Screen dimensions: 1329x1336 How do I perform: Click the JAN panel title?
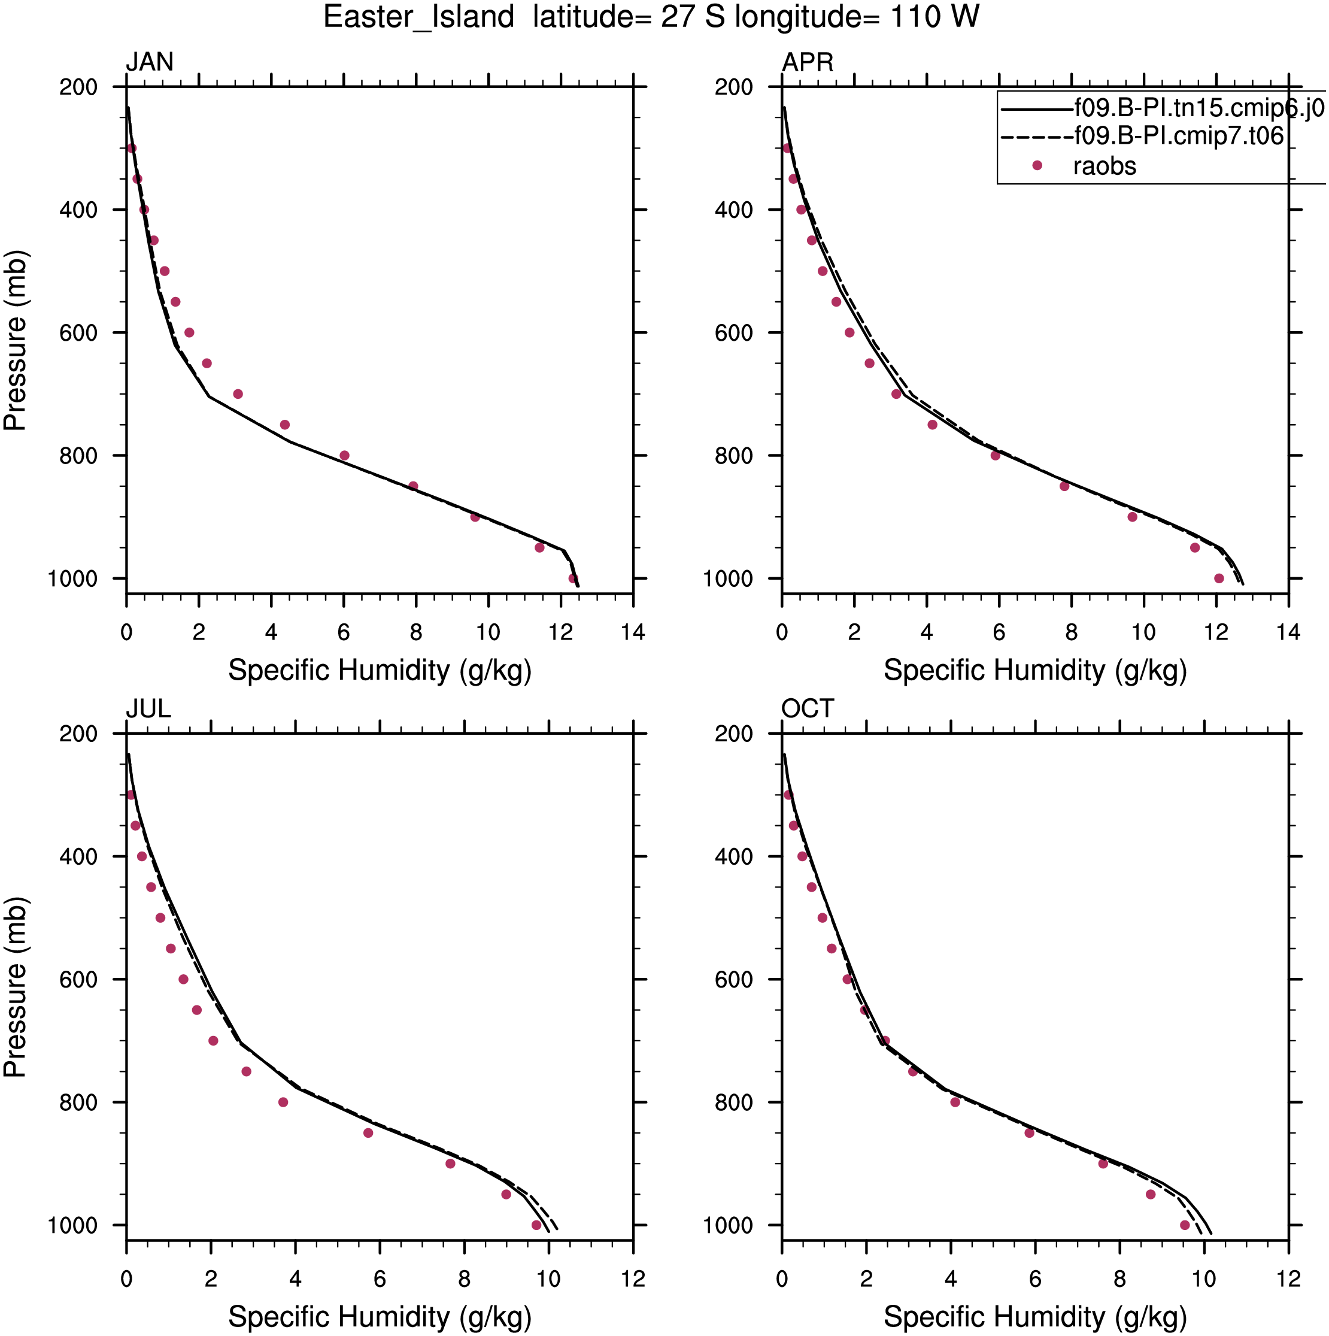149,62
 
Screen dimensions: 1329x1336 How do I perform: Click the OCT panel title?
807,709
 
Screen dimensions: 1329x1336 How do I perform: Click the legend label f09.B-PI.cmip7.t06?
1178,136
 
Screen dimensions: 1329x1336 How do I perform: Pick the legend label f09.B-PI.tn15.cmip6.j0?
1199,108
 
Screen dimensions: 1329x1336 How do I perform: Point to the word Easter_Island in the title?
418,17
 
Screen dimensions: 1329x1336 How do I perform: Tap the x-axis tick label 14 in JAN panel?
633,632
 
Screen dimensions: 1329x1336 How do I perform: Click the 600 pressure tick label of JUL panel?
78,980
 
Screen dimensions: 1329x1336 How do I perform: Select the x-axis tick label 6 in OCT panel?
1035,1279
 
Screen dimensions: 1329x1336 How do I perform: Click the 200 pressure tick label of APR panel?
734,87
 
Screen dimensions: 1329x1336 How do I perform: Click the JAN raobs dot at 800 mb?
344,456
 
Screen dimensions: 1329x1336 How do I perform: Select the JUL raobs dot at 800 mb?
283,1102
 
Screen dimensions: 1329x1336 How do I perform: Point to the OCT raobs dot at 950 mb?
1151,1194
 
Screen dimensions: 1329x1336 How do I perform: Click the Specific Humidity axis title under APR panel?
1035,671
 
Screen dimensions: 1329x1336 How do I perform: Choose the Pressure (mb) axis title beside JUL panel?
15,987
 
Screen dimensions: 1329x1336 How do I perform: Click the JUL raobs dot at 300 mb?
131,795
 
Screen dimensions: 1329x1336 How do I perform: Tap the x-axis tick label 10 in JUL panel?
548,1279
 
